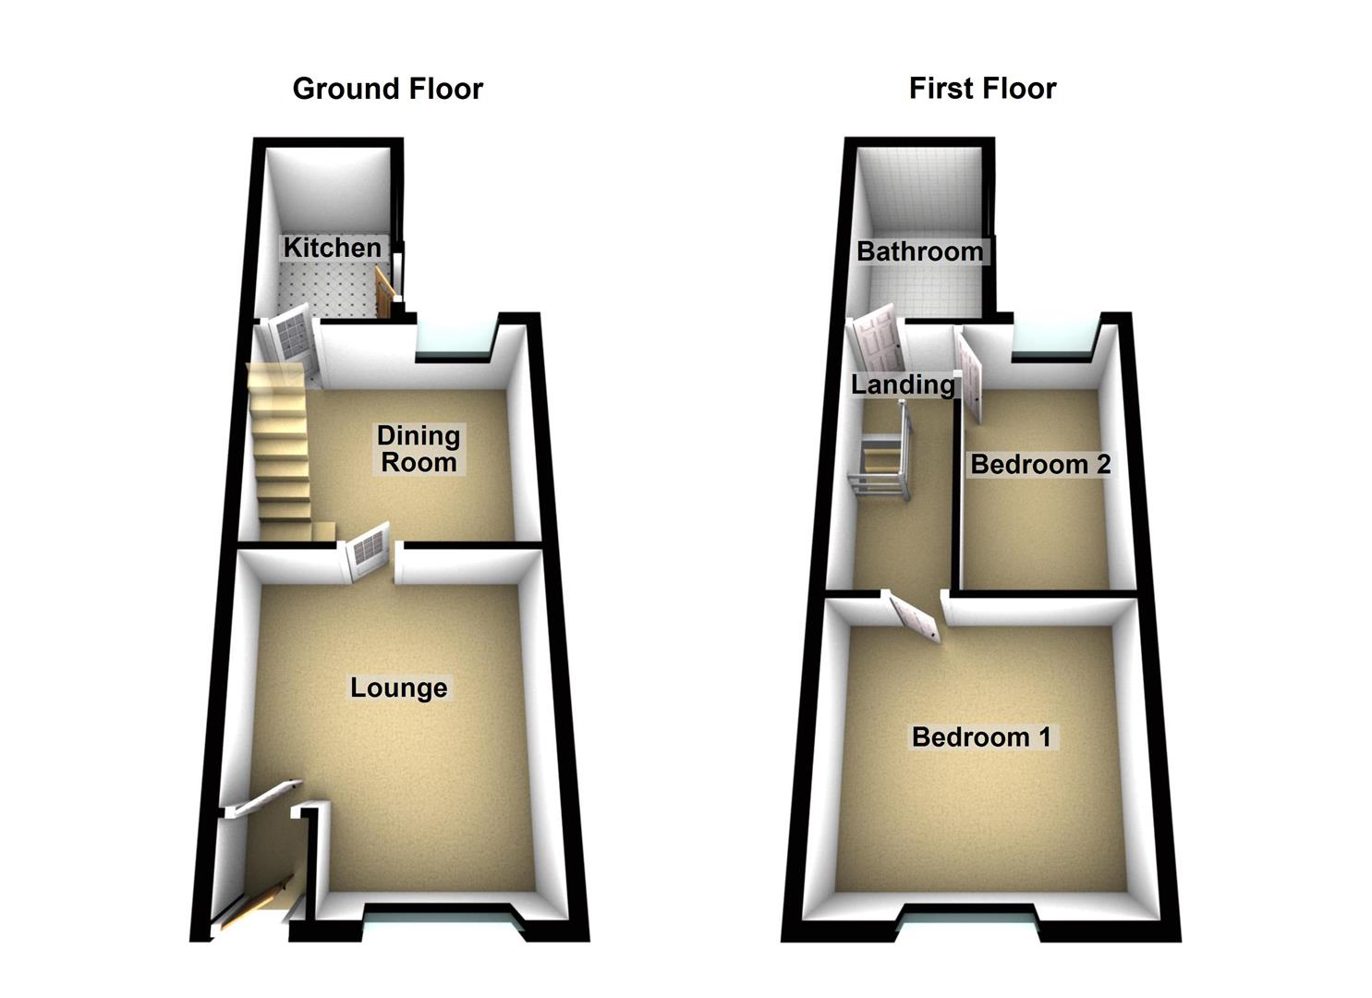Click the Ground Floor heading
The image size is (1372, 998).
(387, 89)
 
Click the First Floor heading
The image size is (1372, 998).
(982, 89)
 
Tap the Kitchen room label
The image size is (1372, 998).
(332, 248)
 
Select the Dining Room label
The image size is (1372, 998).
(419, 448)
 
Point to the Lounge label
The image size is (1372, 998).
(398, 688)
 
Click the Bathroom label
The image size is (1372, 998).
(919, 251)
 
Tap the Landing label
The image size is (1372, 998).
(903, 384)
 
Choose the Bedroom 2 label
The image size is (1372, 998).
(1040, 464)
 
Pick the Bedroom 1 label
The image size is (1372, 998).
(981, 736)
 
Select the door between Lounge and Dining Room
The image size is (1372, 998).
(369, 552)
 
